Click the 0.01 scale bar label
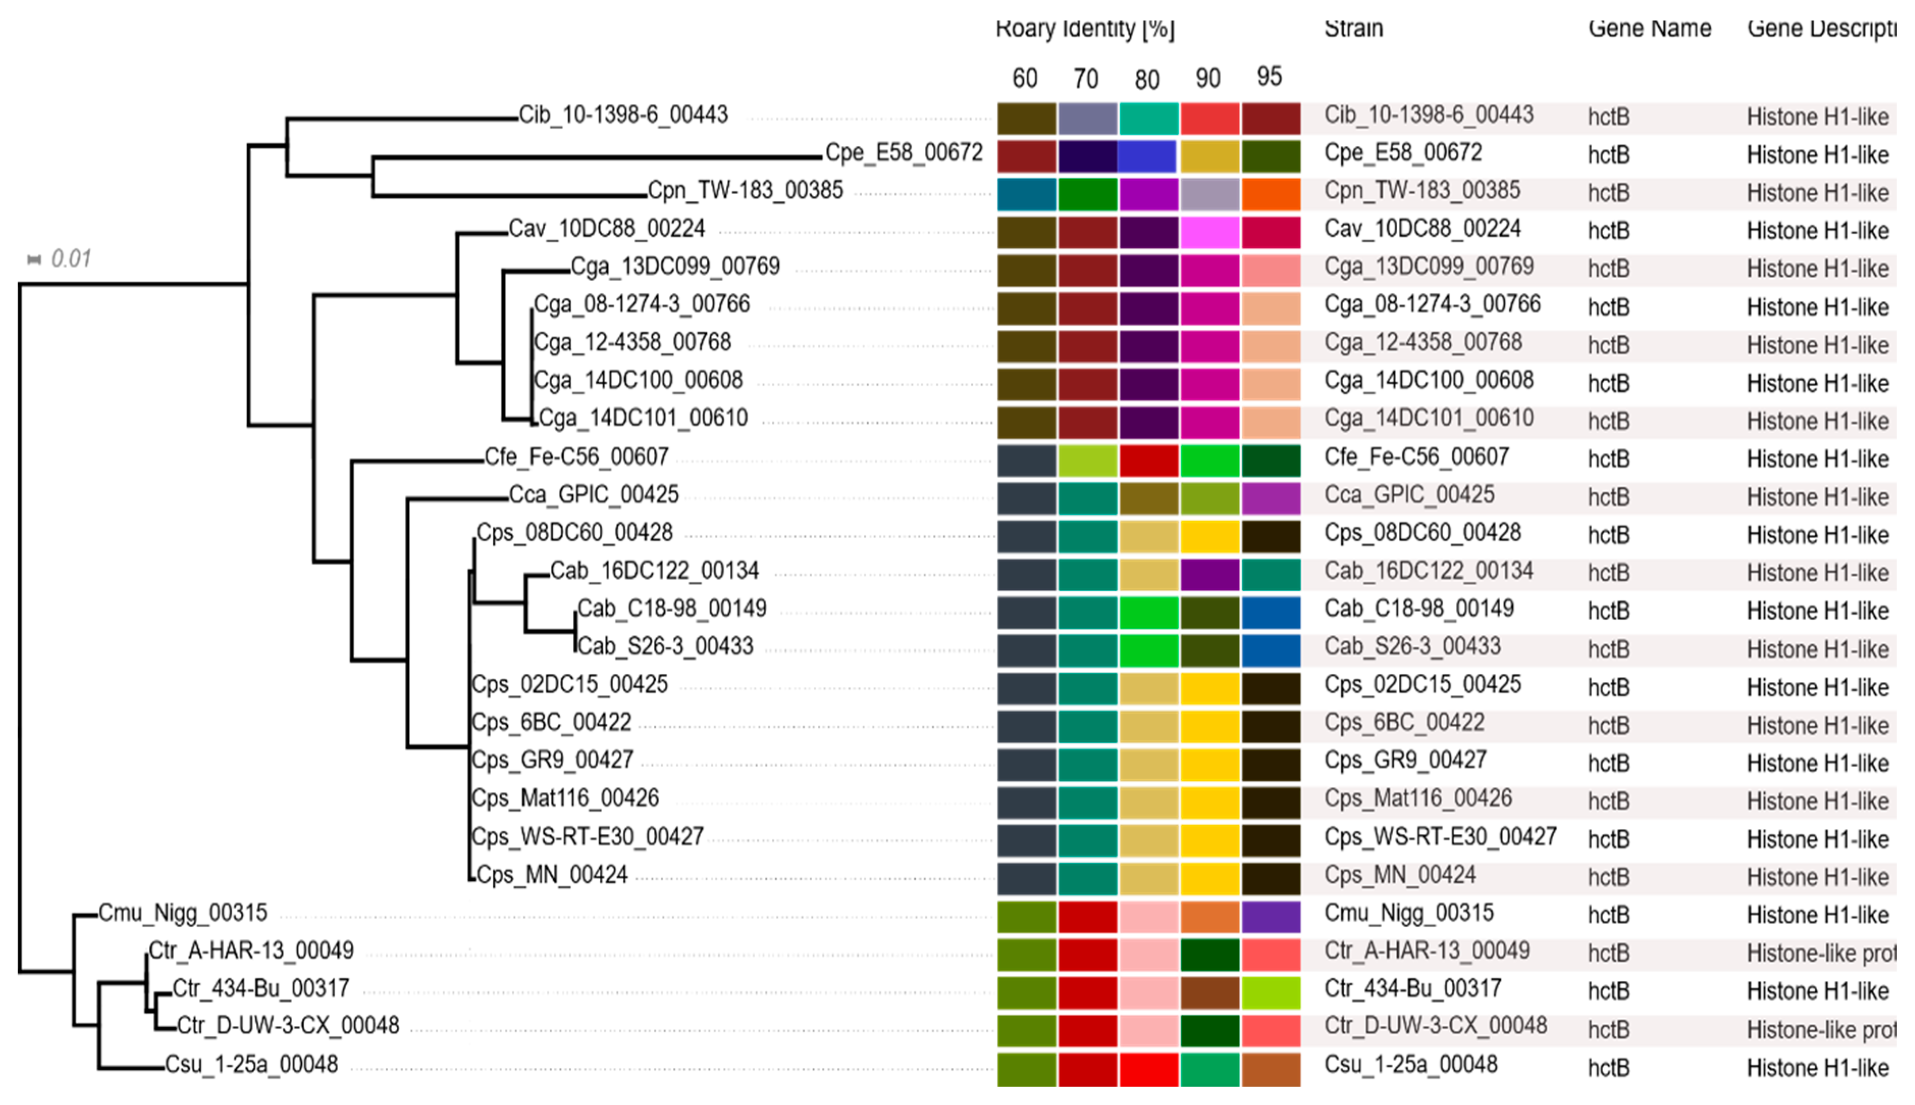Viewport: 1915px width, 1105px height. click(x=70, y=259)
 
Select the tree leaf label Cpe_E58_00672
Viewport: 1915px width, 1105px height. click(x=903, y=152)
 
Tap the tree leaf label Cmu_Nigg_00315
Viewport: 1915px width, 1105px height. click(x=183, y=912)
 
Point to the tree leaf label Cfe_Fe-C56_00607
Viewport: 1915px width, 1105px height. click(x=577, y=457)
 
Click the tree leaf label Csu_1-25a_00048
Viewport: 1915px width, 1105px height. click(x=251, y=1065)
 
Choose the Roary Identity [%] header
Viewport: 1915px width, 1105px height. click(x=1085, y=29)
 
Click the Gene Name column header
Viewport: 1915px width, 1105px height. click(x=1650, y=29)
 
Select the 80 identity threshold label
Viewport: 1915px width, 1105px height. click(x=1147, y=79)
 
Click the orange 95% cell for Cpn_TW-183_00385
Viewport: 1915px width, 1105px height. click(x=1271, y=194)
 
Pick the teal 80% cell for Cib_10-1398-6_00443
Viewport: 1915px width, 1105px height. click(x=1149, y=118)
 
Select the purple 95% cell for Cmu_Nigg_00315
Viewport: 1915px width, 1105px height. click(x=1271, y=917)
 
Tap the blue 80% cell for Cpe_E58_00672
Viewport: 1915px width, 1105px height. click(x=1147, y=156)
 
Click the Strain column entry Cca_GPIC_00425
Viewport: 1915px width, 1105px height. click(x=1409, y=495)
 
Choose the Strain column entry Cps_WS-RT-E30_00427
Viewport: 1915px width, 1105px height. click(x=1440, y=836)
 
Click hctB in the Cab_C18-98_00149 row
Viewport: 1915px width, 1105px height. click(x=1608, y=611)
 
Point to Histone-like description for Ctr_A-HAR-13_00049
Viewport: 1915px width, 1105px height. click(x=1820, y=953)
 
